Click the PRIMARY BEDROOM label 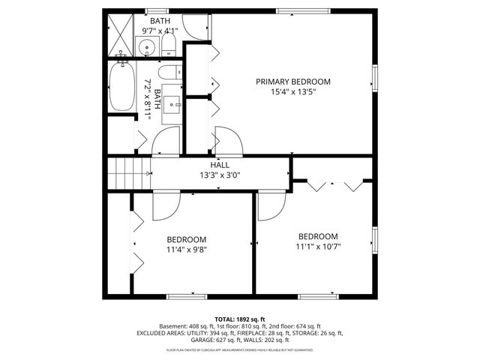coord(292,82)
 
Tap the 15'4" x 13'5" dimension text coord(292,92)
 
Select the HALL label coord(220,165)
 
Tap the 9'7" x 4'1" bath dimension coord(160,31)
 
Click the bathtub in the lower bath coord(121,86)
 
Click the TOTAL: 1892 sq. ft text coord(240,318)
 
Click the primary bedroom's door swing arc coord(227,139)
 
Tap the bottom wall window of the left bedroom coord(186,297)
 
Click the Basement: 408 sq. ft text coord(187,326)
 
